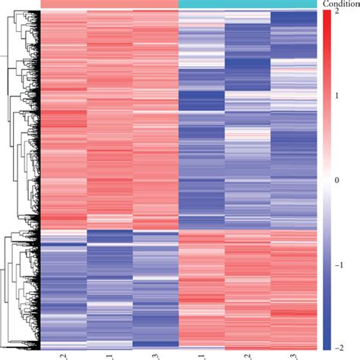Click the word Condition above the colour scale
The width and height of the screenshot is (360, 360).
point(339,4)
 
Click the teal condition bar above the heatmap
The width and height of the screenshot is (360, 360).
point(247,5)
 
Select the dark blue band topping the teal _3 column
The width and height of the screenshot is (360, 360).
point(293,17)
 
